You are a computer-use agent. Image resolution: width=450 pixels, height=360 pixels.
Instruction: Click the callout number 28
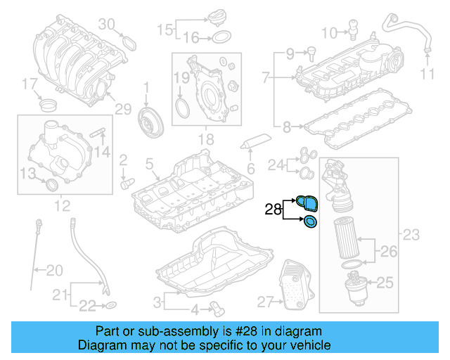[x=273, y=209]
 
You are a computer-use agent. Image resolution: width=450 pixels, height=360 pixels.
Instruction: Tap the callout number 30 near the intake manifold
[x=106, y=25]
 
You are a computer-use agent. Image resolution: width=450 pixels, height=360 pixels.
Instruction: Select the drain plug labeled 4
[x=217, y=307]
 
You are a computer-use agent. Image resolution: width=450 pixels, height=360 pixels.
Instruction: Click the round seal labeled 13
[x=51, y=185]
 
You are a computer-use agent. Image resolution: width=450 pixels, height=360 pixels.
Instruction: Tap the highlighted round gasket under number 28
[x=309, y=222]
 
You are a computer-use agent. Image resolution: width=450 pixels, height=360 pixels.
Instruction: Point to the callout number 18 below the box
[x=205, y=141]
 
